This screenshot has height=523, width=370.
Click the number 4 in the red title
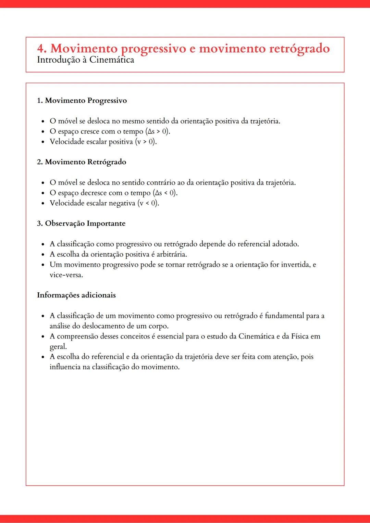click(41, 49)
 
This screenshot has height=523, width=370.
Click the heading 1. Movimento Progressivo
click(82, 101)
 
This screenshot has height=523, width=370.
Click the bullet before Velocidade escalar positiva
click(43, 142)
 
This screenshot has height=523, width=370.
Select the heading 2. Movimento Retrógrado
click(82, 162)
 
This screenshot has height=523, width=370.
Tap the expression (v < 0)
click(148, 203)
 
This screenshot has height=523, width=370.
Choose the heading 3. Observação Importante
click(81, 224)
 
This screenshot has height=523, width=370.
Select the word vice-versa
click(66, 275)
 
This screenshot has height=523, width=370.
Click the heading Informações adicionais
click(76, 295)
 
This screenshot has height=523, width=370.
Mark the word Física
click(300, 336)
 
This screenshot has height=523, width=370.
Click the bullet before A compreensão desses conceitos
click(43, 337)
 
